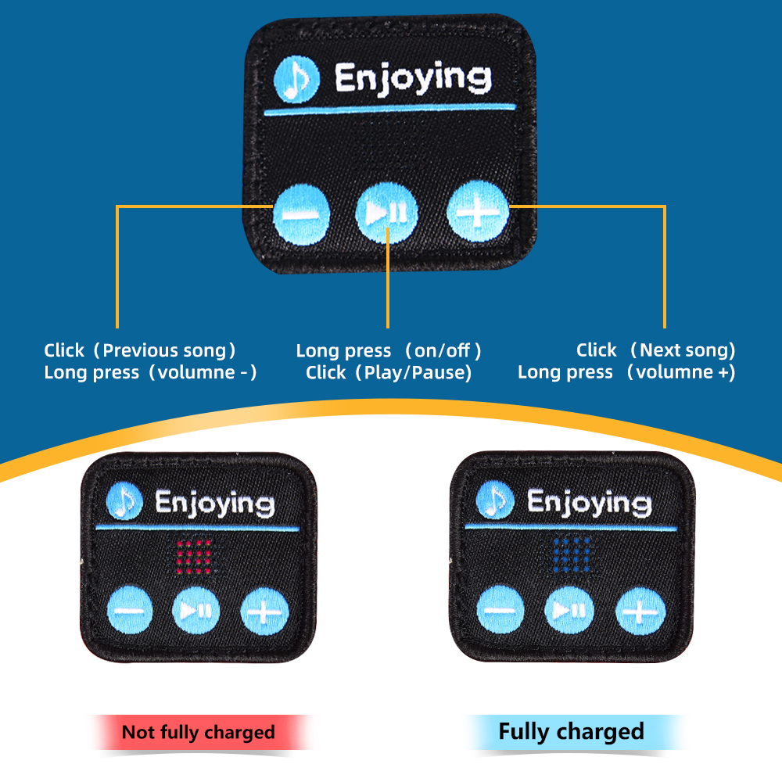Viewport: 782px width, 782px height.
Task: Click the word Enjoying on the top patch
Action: [413, 79]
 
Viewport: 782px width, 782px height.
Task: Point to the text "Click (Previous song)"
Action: [140, 350]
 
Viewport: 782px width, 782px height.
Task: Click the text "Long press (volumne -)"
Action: [150, 372]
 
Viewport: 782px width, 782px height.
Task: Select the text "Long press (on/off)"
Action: [389, 350]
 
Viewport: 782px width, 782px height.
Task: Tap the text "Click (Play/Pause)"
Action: [389, 372]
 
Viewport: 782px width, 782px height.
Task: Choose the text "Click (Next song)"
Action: [655, 350]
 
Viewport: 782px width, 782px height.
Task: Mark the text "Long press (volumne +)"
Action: [626, 372]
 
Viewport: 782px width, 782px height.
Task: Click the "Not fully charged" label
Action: [199, 733]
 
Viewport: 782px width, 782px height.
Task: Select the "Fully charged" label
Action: [571, 732]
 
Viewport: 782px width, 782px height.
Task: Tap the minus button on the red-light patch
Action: [129, 609]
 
